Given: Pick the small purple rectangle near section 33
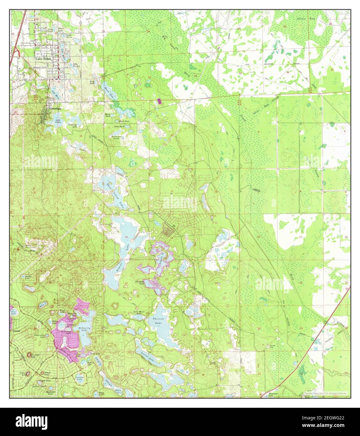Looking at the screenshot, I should click(159, 101).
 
